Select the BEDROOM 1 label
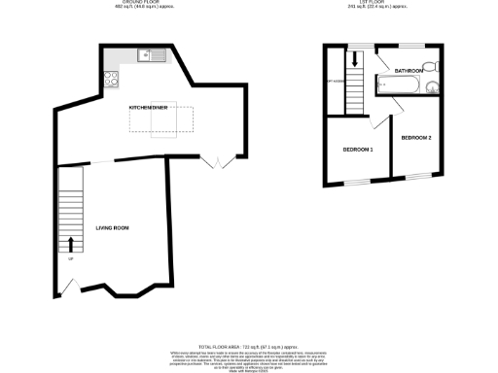click(x=357, y=150)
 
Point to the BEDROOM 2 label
click(x=415, y=139)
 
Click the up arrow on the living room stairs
click(x=71, y=242)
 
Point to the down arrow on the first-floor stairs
click(x=355, y=59)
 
